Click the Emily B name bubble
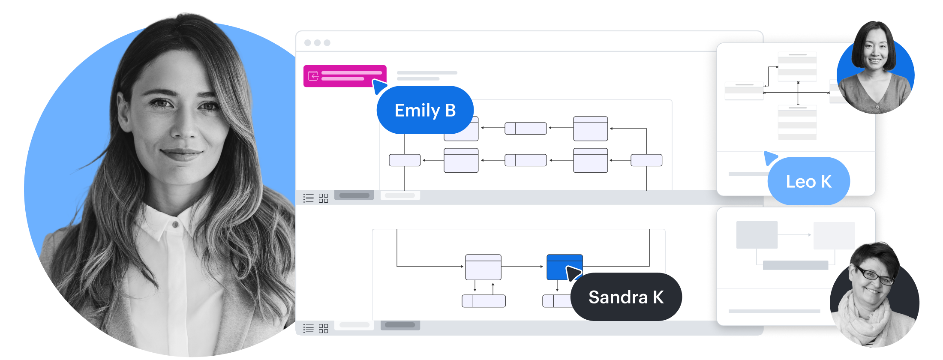(425, 110)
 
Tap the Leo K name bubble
(808, 181)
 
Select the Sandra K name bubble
(626, 297)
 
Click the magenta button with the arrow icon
(345, 76)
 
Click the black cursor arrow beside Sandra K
(573, 273)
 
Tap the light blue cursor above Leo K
(770, 157)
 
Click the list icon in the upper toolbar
(309, 198)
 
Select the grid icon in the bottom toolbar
(323, 328)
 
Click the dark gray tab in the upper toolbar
(354, 195)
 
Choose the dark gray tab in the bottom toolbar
(400, 325)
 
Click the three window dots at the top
(317, 43)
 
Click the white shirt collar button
(175, 224)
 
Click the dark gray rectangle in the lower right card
(757, 235)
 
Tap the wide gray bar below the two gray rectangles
(795, 265)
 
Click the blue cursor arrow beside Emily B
(378, 86)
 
